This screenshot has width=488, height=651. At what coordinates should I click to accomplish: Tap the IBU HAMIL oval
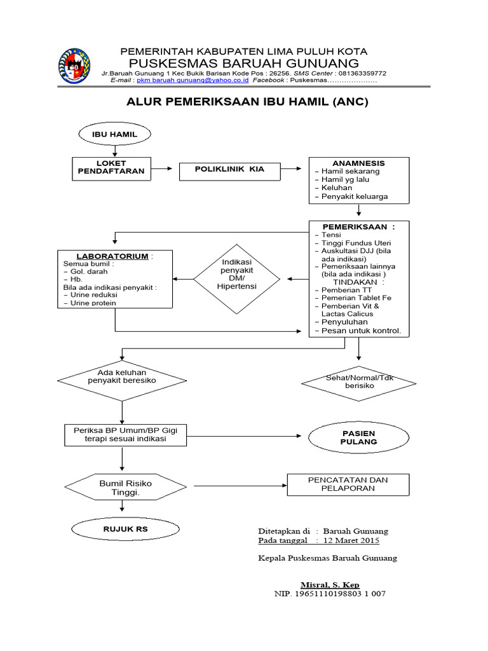(x=114, y=134)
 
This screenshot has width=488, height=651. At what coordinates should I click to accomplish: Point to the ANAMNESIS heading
(x=358, y=163)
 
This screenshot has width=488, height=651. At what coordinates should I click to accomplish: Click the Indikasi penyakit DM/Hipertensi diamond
(x=236, y=278)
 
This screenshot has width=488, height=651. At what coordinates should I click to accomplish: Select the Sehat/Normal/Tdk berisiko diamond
(x=359, y=382)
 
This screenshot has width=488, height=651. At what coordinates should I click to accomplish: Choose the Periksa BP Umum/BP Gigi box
(x=125, y=435)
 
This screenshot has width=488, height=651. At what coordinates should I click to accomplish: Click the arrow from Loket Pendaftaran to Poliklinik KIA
(x=163, y=168)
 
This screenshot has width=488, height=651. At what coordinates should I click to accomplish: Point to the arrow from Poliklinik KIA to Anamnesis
(x=292, y=168)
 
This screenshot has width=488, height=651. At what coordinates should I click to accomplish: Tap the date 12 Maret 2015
(x=351, y=541)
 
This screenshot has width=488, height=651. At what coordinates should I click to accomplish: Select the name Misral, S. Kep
(x=330, y=584)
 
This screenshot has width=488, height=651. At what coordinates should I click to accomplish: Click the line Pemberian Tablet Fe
(x=356, y=298)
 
